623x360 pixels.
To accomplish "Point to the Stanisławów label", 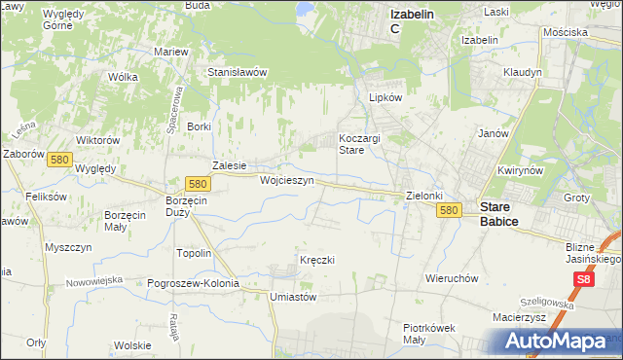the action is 238,72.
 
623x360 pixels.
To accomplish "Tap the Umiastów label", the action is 294,297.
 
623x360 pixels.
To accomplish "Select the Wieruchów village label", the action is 452,277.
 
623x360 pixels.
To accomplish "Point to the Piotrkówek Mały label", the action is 429,334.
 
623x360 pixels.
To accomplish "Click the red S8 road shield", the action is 583,280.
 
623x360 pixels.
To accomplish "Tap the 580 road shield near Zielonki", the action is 448,210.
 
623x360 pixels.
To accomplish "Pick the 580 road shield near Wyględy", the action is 58,160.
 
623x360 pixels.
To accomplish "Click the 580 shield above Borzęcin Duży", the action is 198,183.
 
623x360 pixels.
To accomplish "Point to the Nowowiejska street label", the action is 94,281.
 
